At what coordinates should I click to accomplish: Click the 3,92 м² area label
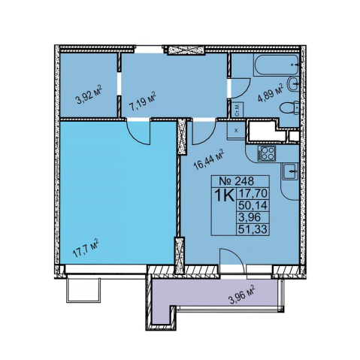(89, 95)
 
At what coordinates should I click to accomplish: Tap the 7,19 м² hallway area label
(142, 101)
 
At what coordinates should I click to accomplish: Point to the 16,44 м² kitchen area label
(209, 159)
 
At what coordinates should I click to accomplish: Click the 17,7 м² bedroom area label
(86, 248)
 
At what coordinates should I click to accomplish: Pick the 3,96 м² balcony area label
(242, 294)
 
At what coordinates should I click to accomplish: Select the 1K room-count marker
(224, 195)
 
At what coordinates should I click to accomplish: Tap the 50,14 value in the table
(253, 205)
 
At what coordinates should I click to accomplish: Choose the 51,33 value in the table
(253, 229)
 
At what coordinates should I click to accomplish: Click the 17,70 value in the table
(253, 193)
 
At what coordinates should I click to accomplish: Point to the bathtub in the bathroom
(276, 65)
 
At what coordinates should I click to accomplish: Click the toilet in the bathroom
(289, 108)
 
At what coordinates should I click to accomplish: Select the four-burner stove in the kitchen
(266, 153)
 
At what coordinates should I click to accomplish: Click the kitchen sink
(290, 171)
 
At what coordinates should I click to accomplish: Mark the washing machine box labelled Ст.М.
(237, 110)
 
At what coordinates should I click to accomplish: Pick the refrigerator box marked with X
(236, 130)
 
